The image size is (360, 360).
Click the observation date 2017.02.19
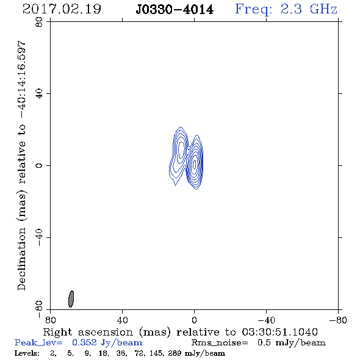coord(62,9)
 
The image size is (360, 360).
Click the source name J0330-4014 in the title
coord(175,10)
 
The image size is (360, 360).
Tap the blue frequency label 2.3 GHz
coord(309,9)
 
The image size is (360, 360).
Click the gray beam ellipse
coord(71,299)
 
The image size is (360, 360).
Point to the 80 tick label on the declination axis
coord(39,22)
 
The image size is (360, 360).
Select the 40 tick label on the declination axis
coord(39,94)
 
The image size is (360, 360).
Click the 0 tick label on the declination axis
coord(39,165)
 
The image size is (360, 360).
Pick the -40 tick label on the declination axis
coord(39,237)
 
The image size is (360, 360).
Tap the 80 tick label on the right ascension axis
coord(50,320)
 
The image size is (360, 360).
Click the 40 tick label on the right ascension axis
coord(123,320)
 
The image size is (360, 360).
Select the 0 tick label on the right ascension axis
coord(194,320)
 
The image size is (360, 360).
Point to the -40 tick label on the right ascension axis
coord(266,320)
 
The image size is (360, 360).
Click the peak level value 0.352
coord(84,342)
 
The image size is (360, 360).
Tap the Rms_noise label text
coord(220,343)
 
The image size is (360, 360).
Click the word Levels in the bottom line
coord(27,353)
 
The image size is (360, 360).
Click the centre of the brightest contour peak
coord(195,164)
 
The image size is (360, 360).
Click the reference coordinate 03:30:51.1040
coord(279,332)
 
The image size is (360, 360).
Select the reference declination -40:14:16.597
coord(21,79)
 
